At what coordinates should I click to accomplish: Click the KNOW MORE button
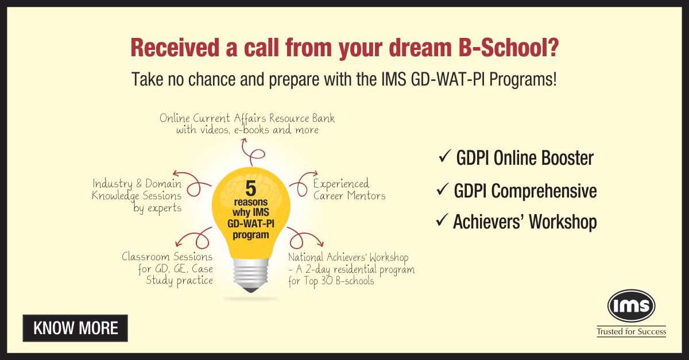pos(75,328)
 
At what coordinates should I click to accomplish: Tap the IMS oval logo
pos(631,305)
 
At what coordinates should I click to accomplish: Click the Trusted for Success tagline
pos(631,332)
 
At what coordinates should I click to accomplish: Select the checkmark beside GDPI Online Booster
pos(445,156)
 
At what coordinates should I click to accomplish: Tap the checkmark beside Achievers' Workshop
pos(442,220)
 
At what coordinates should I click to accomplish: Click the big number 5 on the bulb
pos(251,189)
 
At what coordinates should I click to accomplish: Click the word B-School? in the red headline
pos(508,48)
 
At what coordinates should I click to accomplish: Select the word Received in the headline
pos(175,48)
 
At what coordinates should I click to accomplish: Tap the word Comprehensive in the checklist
pos(544,191)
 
